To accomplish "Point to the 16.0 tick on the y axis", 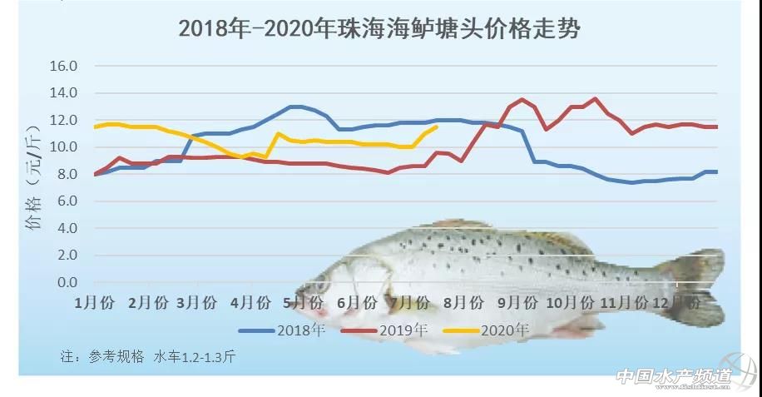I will pos(63,66).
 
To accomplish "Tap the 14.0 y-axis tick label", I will pos(63,92).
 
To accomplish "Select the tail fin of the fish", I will pos(695,283).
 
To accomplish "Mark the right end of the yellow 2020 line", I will pos(437,127).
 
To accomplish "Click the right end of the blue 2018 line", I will pos(717,171).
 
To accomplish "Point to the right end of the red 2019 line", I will pos(717,127).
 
